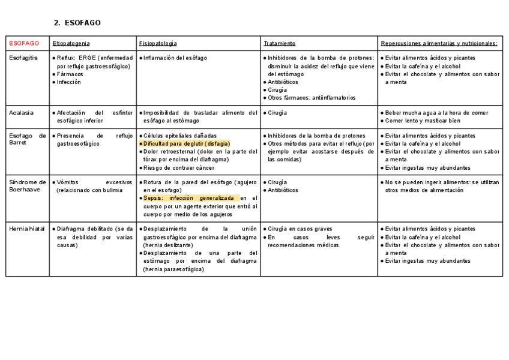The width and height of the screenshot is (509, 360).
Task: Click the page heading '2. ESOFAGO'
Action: pyautogui.click(x=77, y=23)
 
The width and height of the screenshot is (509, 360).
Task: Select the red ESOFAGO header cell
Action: pyautogui.click(x=24, y=43)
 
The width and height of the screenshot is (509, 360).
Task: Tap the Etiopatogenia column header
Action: pyautogui.click(x=71, y=43)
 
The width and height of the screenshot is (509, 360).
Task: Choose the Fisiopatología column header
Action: pyautogui.click(x=157, y=43)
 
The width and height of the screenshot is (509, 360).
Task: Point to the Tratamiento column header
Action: pyautogui.click(x=279, y=43)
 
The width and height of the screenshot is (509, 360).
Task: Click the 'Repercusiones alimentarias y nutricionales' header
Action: pyautogui.click(x=439, y=43)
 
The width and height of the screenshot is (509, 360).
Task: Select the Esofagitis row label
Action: pyautogui.click(x=23, y=58)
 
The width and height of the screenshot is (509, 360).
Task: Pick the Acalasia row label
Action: pyautogui.click(x=21, y=113)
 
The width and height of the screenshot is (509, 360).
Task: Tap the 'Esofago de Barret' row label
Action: pyautogui.click(x=28, y=139)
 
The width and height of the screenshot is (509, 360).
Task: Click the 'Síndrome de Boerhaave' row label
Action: pyautogui.click(x=28, y=186)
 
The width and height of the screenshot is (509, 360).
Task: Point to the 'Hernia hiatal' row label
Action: pyautogui.click(x=28, y=229)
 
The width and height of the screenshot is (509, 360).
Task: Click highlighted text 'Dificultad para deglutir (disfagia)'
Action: pyautogui.click(x=186, y=144)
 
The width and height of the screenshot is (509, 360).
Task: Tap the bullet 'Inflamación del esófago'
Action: pyautogui.click(x=175, y=58)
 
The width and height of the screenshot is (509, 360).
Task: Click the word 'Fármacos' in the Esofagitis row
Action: pyautogui.click(x=70, y=74)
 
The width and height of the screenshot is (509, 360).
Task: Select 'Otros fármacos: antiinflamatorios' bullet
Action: pyautogui.click(x=312, y=98)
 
